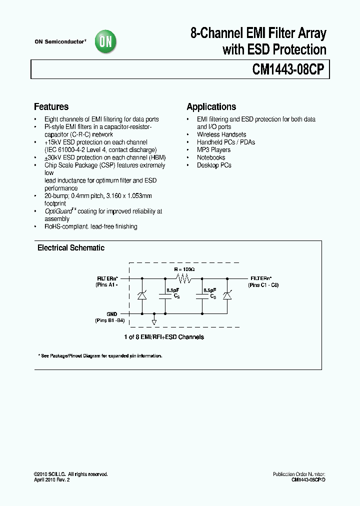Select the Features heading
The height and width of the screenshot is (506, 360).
[51, 106]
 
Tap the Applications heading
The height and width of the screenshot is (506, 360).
[211, 106]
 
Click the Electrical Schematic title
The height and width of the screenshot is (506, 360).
[71, 247]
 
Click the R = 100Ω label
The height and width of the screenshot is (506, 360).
[184, 269]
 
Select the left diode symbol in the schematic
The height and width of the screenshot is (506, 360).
[142, 295]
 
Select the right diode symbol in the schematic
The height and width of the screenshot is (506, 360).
[228, 295]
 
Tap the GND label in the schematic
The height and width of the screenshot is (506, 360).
[111, 314]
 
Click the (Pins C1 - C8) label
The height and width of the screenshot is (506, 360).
[263, 284]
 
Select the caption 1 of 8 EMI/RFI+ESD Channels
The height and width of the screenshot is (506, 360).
[164, 337]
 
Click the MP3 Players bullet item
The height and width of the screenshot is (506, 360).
[213, 149]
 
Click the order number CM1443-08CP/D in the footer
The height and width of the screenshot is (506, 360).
[308, 479]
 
